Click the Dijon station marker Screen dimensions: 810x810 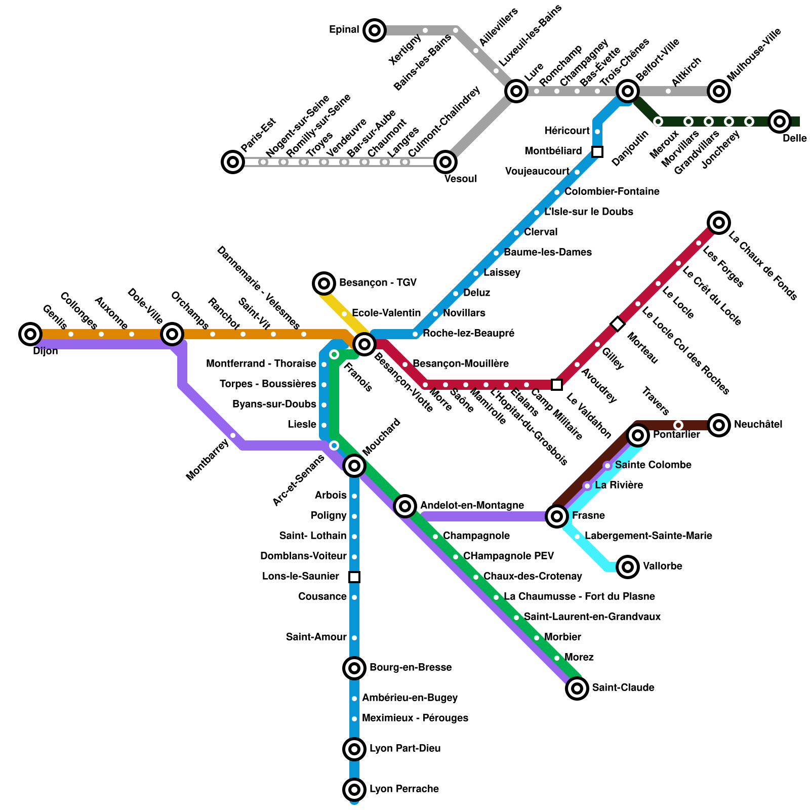pyautogui.click(x=30, y=334)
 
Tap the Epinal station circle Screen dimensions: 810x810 pyautogui.click(x=375, y=30)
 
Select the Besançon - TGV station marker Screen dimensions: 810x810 pyautogui.click(x=324, y=283)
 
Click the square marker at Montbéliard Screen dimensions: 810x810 pyautogui.click(x=597, y=152)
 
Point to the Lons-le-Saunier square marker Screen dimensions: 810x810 pyautogui.click(x=354, y=577)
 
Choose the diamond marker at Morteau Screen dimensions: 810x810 pyautogui.click(x=618, y=324)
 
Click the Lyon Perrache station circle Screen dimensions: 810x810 pyautogui.click(x=354, y=789)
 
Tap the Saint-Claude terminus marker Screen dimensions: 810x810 pyautogui.click(x=577, y=688)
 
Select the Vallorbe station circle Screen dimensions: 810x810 pyautogui.click(x=628, y=566)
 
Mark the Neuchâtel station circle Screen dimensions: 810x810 pyautogui.click(x=719, y=425)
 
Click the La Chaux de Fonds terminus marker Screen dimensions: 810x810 pyautogui.click(x=719, y=222)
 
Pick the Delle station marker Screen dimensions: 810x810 pyautogui.click(x=780, y=121)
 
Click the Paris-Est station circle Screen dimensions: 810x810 pyautogui.click(x=233, y=162)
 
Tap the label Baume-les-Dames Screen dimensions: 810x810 pyautogui.click(x=548, y=252)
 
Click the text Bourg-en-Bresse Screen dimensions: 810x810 pyautogui.click(x=411, y=667)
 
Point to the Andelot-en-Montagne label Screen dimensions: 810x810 pyautogui.click(x=472, y=505)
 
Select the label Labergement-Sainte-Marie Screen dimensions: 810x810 pyautogui.click(x=649, y=536)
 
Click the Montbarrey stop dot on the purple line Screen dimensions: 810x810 pyautogui.click(x=233, y=435)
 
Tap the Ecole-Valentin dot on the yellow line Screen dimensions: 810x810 pyautogui.click(x=344, y=314)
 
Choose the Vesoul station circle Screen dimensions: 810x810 pyautogui.click(x=445, y=162)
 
